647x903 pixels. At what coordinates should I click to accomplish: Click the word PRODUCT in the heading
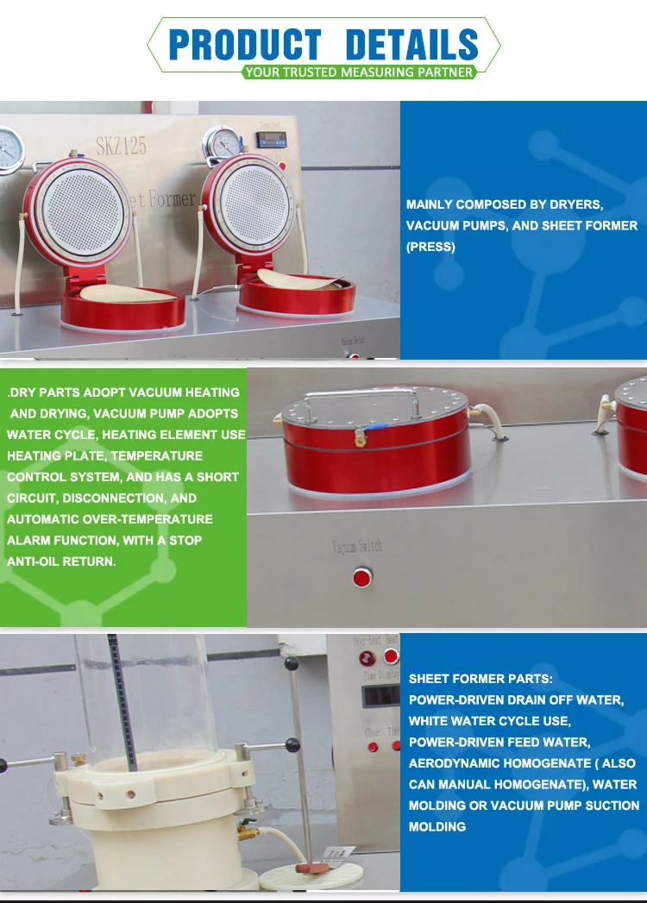point(245,45)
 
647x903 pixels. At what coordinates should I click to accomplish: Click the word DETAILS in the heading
point(411,45)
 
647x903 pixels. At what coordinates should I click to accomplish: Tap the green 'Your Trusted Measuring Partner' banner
point(358,72)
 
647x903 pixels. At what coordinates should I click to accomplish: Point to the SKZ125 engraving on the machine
point(121,144)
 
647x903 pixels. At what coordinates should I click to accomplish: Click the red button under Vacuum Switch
point(362,577)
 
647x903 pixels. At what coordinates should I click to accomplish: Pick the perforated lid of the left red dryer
point(80,211)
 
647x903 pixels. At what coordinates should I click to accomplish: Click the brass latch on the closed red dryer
point(360,440)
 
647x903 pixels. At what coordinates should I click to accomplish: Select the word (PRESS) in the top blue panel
point(430,247)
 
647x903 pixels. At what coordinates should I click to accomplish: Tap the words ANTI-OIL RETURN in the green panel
point(60,561)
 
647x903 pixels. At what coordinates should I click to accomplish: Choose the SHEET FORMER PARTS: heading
point(481,679)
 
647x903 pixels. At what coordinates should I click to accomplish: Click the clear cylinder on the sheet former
point(147,699)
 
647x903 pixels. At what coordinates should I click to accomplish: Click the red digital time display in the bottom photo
point(381,695)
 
